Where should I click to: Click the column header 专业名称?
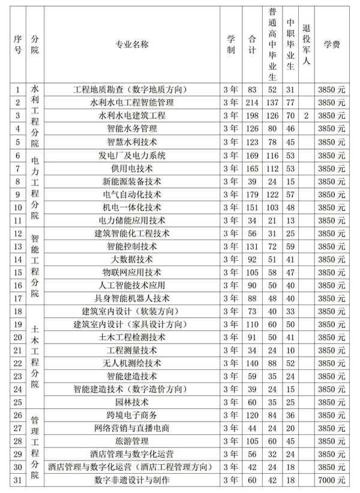pyautogui.click(x=132, y=44)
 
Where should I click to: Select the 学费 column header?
pyautogui.click(x=332, y=44)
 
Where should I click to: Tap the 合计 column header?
pyautogui.click(x=252, y=44)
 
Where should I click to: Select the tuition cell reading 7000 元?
pyautogui.click(x=332, y=480)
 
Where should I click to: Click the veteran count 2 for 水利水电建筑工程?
pyautogui.click(x=306, y=115)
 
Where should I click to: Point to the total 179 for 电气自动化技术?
pyautogui.click(x=252, y=194)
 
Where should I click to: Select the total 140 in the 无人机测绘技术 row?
pyautogui.click(x=252, y=363)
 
